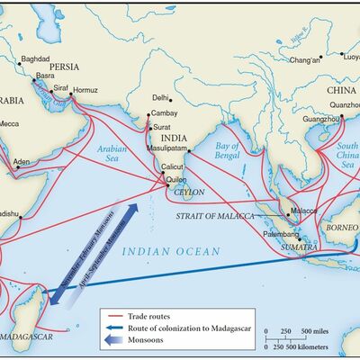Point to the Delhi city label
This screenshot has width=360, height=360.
pos(161,97)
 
